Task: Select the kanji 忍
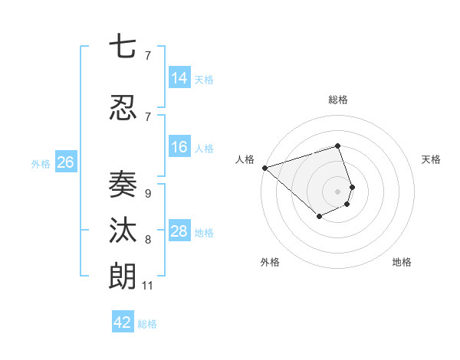click(x=122, y=109)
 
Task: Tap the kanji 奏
click(x=122, y=184)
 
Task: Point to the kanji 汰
click(x=122, y=231)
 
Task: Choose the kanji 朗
click(x=122, y=276)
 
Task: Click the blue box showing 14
click(x=179, y=78)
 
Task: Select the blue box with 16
click(x=179, y=147)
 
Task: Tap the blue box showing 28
click(x=179, y=231)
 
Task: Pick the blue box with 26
click(x=65, y=162)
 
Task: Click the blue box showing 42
click(x=123, y=322)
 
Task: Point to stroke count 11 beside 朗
click(x=147, y=286)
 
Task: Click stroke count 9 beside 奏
click(x=147, y=194)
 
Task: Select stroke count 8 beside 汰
click(x=147, y=240)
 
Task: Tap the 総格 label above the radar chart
click(x=337, y=100)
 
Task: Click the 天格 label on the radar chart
click(x=431, y=159)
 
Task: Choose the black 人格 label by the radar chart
click(x=245, y=159)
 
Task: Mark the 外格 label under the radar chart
click(x=270, y=262)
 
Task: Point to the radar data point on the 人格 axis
click(x=264, y=167)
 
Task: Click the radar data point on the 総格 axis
click(x=337, y=146)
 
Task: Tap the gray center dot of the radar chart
click(x=337, y=191)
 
